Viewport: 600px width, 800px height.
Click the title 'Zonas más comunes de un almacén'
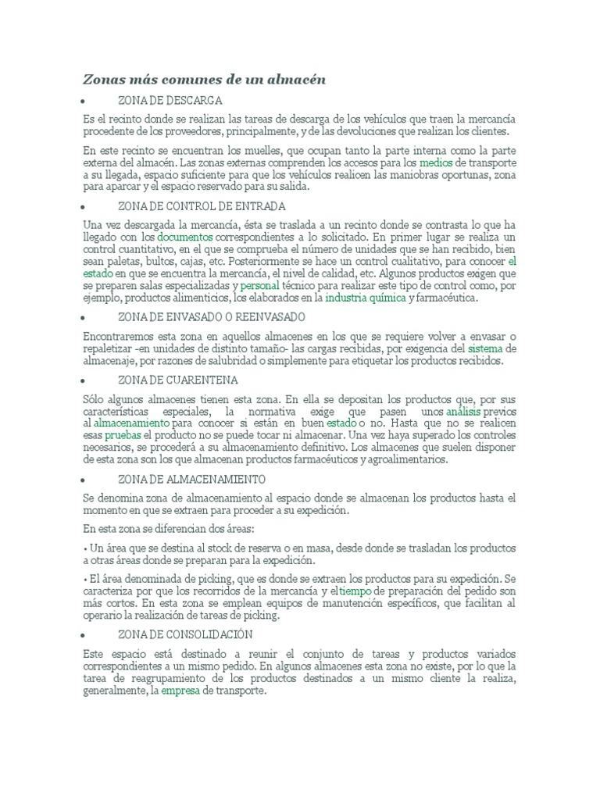(204, 79)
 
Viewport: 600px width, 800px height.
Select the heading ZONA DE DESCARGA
(170, 101)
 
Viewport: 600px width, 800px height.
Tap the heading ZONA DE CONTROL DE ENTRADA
(202, 207)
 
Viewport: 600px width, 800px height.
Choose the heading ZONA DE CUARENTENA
(177, 380)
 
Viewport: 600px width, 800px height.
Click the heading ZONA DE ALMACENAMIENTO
(191, 479)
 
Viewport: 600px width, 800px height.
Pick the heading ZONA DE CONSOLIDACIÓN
(185, 634)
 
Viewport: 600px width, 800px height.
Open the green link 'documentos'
(184, 236)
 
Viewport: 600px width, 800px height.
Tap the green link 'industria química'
(365, 298)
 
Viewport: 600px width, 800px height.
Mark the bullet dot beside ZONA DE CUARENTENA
(83, 380)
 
